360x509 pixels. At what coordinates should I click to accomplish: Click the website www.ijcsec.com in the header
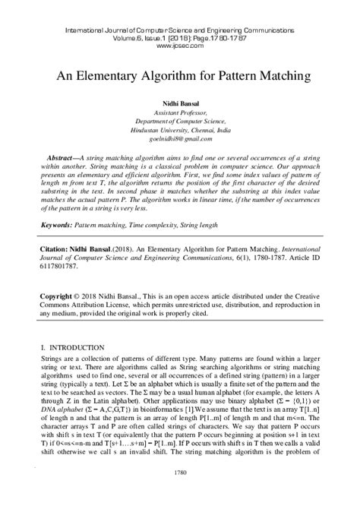pyautogui.click(x=180, y=45)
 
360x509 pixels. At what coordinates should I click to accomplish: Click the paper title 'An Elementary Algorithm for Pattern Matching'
pyautogui.click(x=180, y=76)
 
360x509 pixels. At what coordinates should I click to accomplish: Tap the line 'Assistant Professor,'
pyautogui.click(x=180, y=111)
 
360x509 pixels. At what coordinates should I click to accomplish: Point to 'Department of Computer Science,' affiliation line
pyautogui.click(x=180, y=120)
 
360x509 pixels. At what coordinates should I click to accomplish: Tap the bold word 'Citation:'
pyautogui.click(x=54, y=248)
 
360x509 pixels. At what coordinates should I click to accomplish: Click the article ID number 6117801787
pyautogui.click(x=64, y=266)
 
